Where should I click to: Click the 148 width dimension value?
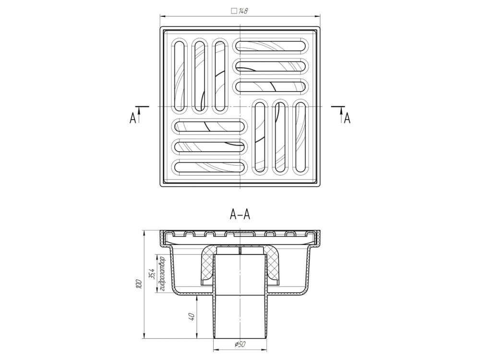[x=243, y=11]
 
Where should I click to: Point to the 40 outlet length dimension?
[x=192, y=316]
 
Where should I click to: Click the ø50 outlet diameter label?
[x=240, y=344]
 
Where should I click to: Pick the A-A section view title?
[x=240, y=215]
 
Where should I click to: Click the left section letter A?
[x=132, y=118]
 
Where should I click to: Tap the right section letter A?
[x=347, y=118]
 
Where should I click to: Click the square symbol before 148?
[x=234, y=11]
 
